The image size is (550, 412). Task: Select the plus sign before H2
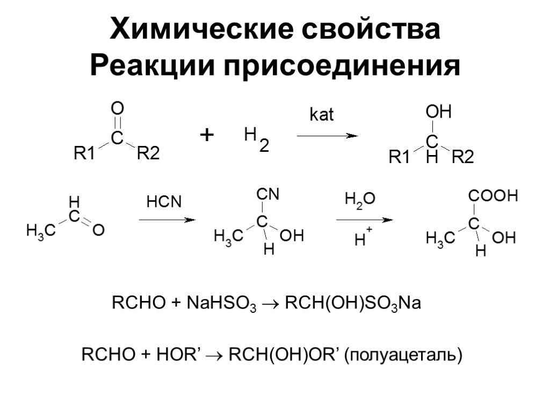click(206, 135)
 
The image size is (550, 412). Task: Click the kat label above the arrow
click(322, 115)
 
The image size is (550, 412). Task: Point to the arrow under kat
click(327, 136)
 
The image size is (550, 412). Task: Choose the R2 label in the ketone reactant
click(148, 154)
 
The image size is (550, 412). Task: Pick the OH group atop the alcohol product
click(438, 113)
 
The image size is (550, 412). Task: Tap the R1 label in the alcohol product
click(400, 158)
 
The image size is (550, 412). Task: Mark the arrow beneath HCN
click(166, 220)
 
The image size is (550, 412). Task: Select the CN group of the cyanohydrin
click(268, 195)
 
